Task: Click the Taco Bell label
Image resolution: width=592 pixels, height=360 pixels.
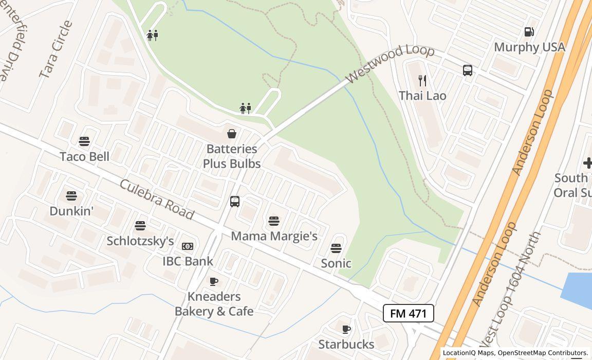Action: [x=84, y=156]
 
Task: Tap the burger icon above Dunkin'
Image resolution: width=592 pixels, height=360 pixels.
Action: [x=71, y=196]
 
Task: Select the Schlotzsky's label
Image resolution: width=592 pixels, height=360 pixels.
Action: [x=140, y=241]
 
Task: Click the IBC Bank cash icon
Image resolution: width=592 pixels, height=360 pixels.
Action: [x=188, y=246]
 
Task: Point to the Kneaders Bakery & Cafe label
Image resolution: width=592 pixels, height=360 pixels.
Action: [x=214, y=304]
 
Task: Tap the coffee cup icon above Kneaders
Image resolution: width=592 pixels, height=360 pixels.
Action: [x=214, y=281]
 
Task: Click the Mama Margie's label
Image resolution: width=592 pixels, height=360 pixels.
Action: [x=274, y=236]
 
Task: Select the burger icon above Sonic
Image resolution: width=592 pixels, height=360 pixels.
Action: [x=336, y=248]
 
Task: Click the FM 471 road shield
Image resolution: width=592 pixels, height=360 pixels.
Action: [x=408, y=313]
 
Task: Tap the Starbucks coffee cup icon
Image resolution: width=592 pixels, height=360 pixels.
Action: [x=346, y=329]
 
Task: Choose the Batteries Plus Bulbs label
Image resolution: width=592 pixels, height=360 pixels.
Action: [x=231, y=156]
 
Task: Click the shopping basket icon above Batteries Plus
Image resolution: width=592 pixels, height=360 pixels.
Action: [x=232, y=134]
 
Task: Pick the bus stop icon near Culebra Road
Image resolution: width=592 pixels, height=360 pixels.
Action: [x=235, y=202]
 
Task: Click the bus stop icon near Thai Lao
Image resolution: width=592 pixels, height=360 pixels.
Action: [x=468, y=70]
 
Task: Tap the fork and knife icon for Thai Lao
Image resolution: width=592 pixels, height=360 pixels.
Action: [x=422, y=81]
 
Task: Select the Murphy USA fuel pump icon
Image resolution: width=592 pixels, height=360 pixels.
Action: [x=529, y=32]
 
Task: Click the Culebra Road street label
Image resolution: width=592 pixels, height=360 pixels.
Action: [x=157, y=200]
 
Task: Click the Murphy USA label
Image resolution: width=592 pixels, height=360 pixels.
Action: [x=529, y=47]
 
